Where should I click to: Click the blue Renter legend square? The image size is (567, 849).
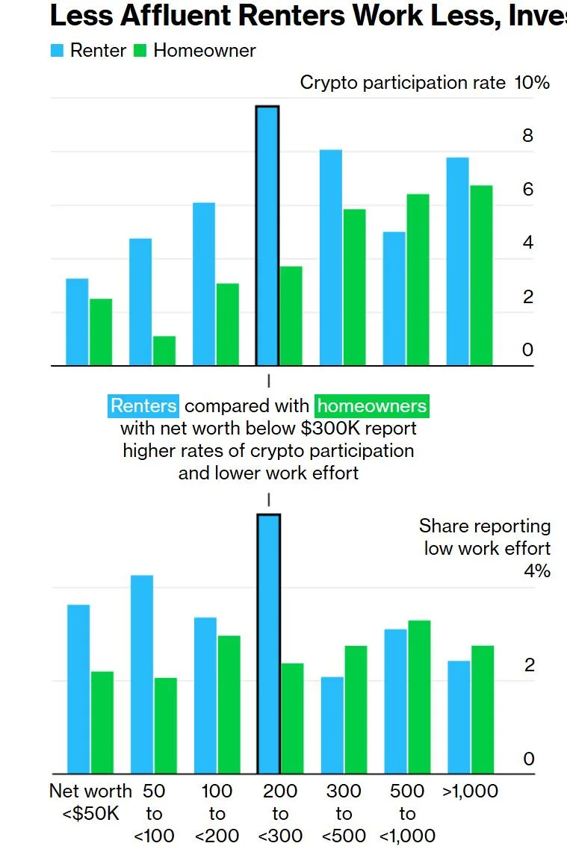point(58,51)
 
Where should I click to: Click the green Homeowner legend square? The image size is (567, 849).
point(140,51)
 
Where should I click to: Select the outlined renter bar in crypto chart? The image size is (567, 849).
point(267,236)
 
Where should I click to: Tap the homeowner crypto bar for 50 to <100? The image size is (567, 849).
point(164,351)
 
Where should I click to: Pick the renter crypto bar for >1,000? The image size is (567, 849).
point(457,261)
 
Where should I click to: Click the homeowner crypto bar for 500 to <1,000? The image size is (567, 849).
point(418,280)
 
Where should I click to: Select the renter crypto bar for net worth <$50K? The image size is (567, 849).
point(77,322)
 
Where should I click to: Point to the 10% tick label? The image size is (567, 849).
point(532,82)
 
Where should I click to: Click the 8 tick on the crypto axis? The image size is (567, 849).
point(528,136)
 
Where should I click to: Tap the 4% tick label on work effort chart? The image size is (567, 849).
point(536,571)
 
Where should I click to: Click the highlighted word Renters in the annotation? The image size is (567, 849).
point(144,406)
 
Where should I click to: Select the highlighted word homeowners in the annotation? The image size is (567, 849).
point(373,406)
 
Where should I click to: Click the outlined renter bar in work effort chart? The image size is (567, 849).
point(268,644)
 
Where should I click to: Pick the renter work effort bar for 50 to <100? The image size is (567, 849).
point(142,674)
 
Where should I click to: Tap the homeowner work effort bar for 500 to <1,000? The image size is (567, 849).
point(418,697)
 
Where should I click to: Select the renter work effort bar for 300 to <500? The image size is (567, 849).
point(332,725)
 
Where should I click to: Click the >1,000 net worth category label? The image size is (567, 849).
point(470,792)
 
